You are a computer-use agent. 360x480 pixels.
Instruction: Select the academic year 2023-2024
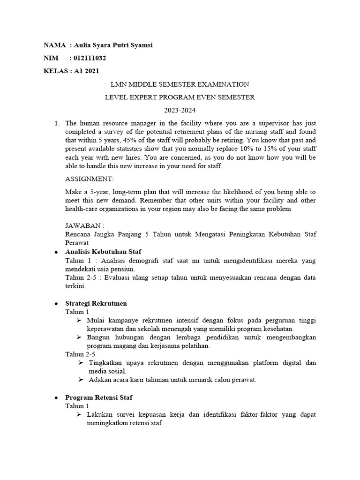(x=180, y=111)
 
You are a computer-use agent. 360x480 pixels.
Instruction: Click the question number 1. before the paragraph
(x=57, y=124)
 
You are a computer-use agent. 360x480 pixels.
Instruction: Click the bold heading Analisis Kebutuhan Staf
(x=103, y=252)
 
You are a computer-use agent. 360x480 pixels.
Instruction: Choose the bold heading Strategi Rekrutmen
(x=96, y=303)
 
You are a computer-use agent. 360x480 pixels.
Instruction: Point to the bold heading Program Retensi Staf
(x=98, y=397)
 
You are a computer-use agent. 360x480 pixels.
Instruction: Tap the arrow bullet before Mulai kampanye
(x=79, y=320)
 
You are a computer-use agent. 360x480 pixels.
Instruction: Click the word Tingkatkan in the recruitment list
(x=103, y=363)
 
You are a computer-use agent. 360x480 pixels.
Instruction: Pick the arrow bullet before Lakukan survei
(x=79, y=415)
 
